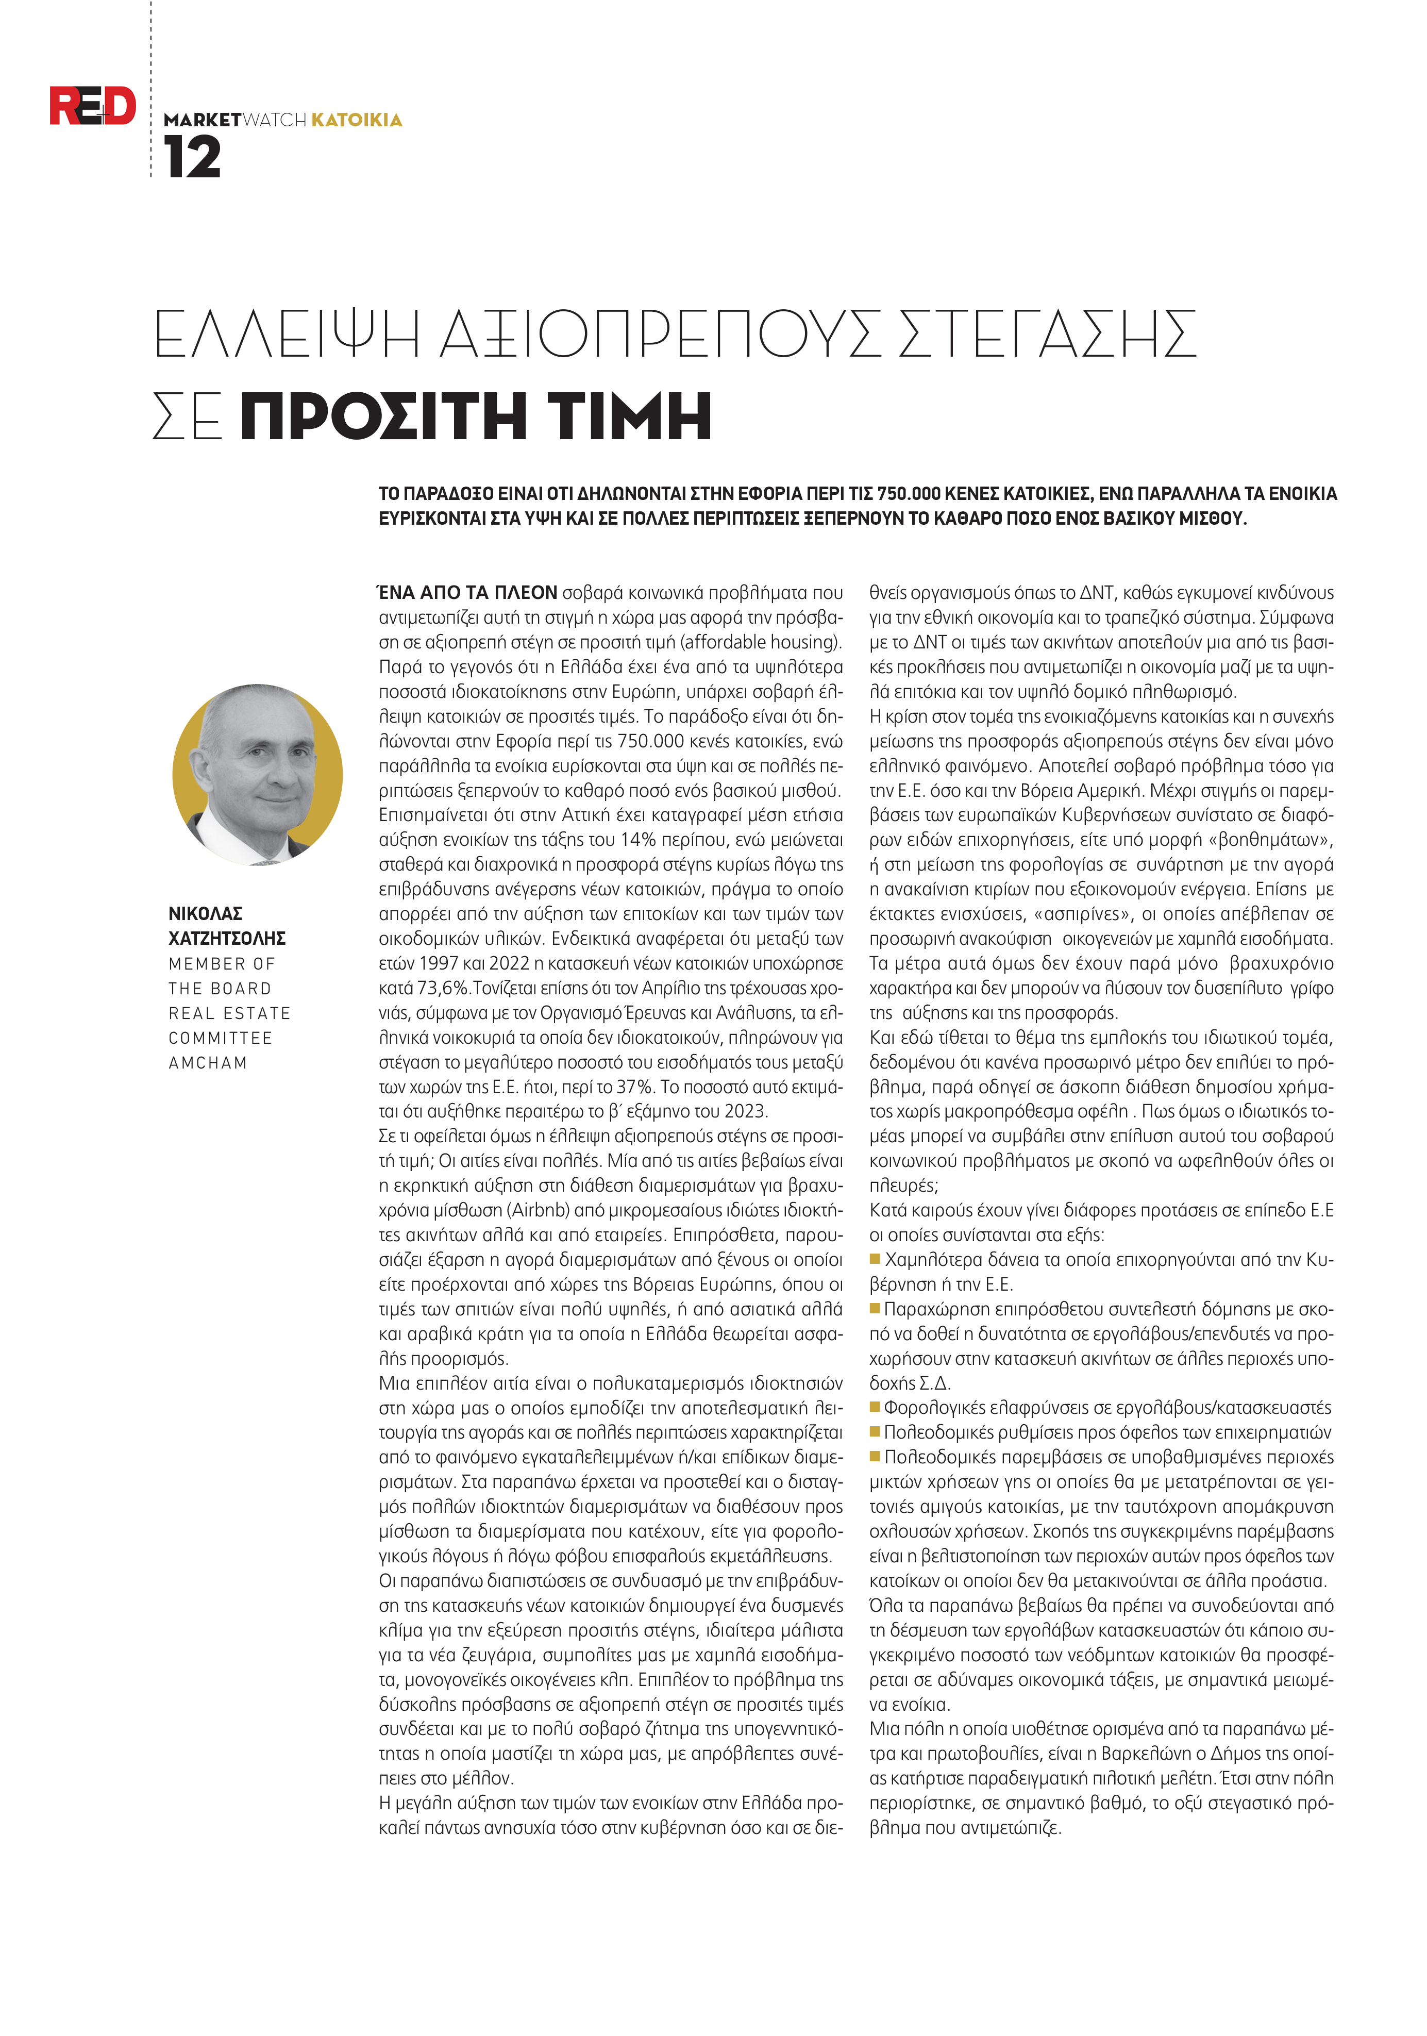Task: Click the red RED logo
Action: click(92, 106)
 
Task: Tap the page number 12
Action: click(192, 159)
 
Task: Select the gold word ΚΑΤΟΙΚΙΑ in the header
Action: click(357, 120)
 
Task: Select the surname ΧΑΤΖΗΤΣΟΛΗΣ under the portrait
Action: click(227, 938)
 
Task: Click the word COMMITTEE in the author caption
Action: click(220, 1038)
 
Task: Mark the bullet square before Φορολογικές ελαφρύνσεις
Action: click(875, 1407)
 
